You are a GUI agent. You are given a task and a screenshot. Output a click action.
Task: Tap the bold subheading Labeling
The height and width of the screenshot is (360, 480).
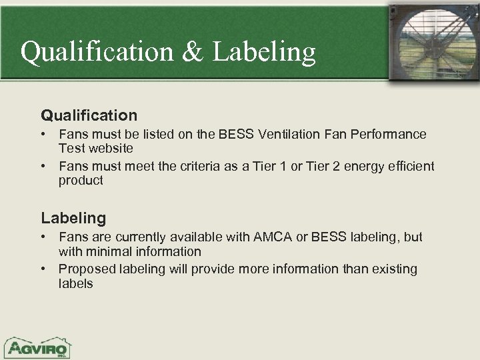coord(73,217)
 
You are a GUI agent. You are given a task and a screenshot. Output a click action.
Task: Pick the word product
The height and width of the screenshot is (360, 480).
coord(81,180)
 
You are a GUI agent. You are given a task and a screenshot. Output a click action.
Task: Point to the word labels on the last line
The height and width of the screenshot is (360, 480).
coord(76,283)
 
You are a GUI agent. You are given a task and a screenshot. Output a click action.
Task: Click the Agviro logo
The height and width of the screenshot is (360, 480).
coord(39,347)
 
